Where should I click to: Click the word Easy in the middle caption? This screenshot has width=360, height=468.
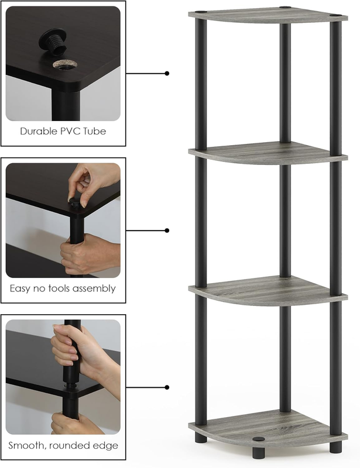(x=20, y=288)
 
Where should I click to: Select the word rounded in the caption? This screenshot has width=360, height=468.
(x=71, y=446)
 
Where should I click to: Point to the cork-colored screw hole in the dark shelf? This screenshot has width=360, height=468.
(x=64, y=64)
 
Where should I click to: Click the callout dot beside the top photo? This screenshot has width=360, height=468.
(x=167, y=74)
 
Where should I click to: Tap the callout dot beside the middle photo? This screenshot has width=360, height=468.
(x=167, y=230)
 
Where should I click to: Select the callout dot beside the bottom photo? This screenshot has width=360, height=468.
(x=167, y=387)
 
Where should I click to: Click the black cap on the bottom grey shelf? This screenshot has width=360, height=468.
(x=259, y=439)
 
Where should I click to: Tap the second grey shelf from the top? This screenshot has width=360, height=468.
(x=268, y=153)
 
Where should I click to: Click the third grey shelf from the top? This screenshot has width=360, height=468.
(x=268, y=290)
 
